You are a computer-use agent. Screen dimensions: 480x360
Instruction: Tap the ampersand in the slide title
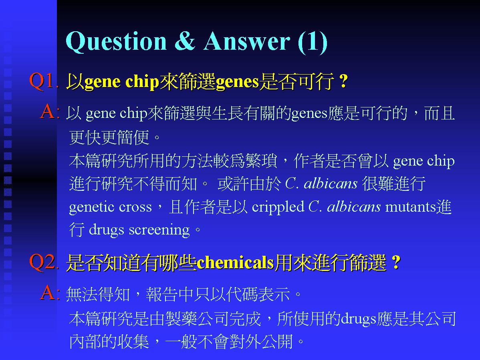[185, 41]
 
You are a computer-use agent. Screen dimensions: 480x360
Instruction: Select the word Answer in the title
[246, 41]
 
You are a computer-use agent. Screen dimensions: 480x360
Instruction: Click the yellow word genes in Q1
[238, 82]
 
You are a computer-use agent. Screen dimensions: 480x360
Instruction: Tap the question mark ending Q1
[344, 81]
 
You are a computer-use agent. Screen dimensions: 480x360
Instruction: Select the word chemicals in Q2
[235, 263]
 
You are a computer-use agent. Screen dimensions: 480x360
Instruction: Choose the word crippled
[278, 207]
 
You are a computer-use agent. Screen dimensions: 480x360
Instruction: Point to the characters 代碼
[242, 294]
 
